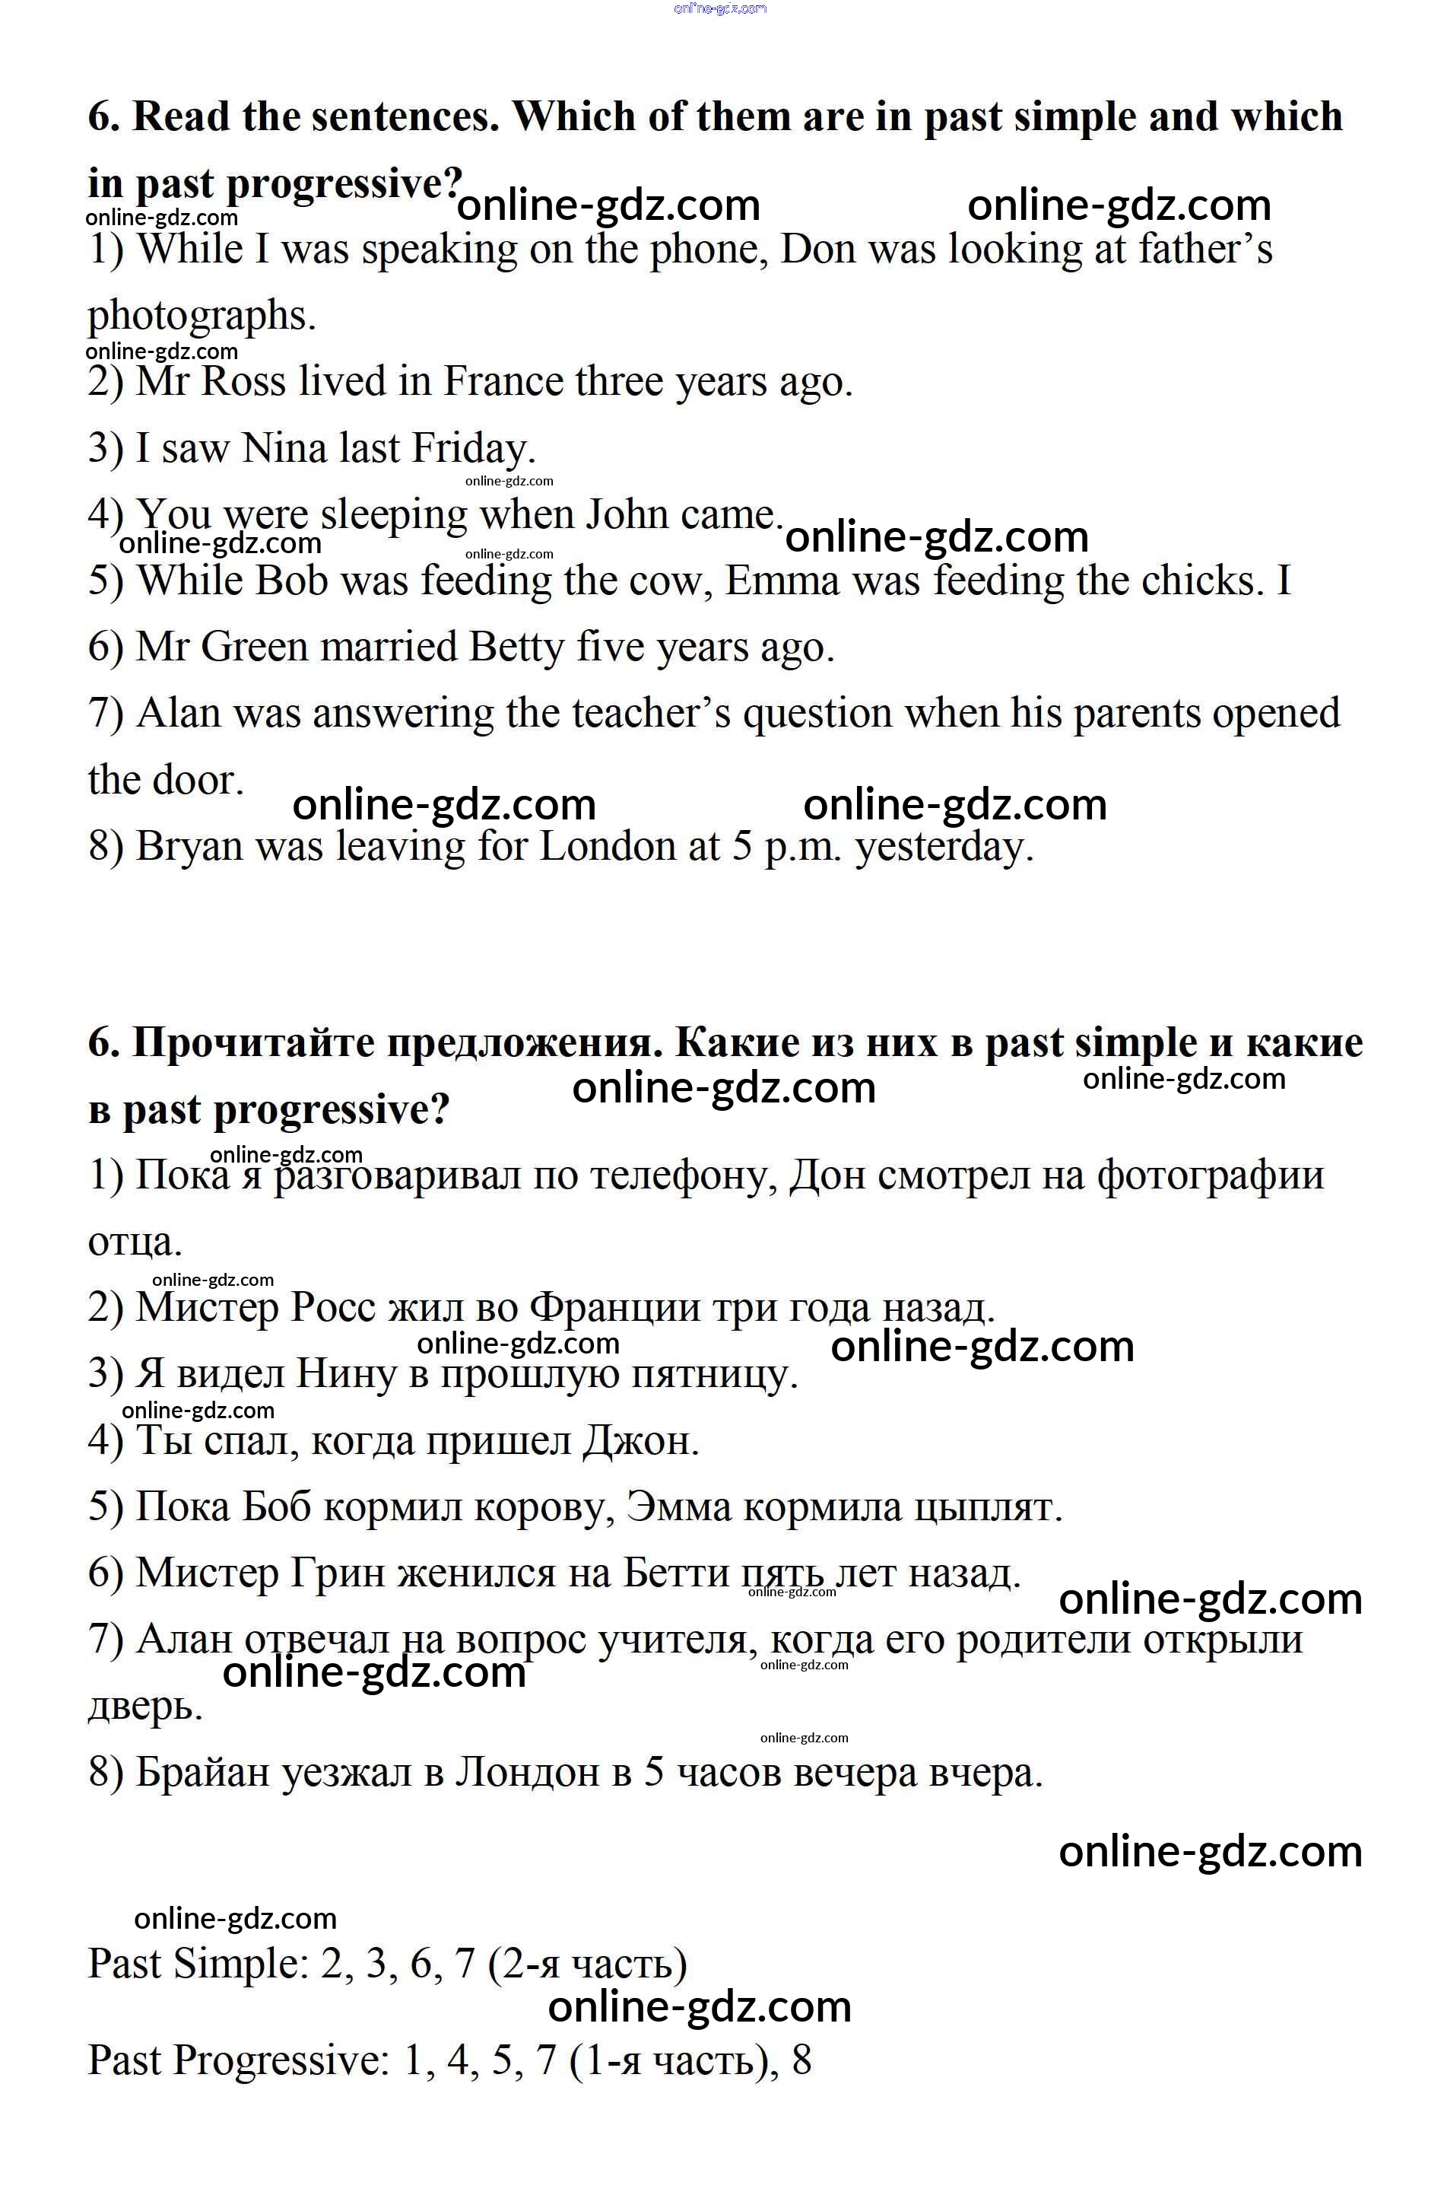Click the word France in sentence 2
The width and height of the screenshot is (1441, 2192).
coord(503,382)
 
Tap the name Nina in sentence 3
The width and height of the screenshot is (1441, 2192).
coord(284,449)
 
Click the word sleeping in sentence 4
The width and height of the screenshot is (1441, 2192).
coord(394,516)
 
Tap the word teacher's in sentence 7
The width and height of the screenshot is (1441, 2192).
coord(651,714)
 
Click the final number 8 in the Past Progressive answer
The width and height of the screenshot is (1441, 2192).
coord(801,2060)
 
